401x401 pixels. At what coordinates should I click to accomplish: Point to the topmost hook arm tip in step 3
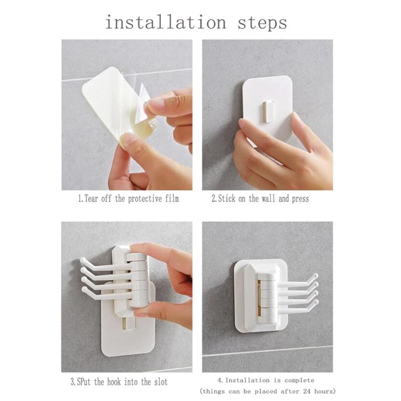tap(83, 261)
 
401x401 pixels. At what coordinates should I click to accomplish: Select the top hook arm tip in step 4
tap(315, 276)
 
